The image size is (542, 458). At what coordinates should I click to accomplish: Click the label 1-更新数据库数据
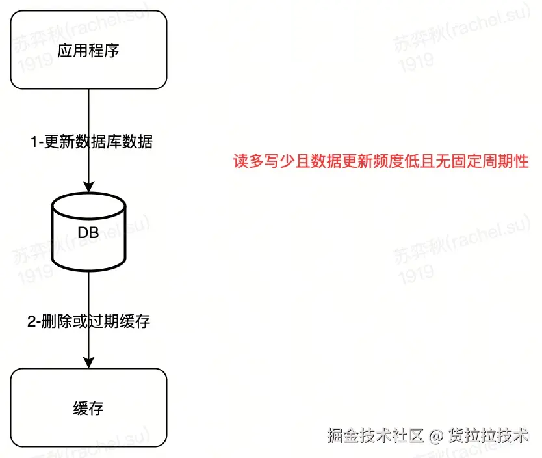click(x=92, y=141)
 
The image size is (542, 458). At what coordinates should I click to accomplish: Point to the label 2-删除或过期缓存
click(x=88, y=321)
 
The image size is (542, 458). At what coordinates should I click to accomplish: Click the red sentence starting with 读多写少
click(x=381, y=161)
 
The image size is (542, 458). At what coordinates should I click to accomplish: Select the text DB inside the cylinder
click(x=88, y=232)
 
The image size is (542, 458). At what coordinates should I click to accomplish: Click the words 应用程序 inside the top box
click(x=88, y=51)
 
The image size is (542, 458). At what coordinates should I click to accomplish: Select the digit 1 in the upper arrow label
click(x=34, y=141)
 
